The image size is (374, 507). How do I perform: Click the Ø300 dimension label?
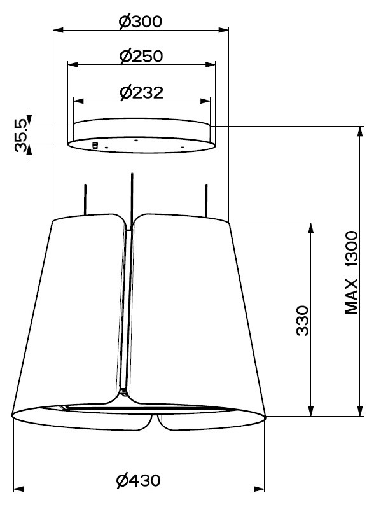(140, 22)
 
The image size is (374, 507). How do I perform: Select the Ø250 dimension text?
(141, 56)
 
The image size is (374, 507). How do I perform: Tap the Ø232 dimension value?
(141, 92)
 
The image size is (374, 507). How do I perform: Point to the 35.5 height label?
(20, 135)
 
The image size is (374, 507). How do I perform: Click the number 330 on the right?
(303, 321)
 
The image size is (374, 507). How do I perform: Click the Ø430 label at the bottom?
(138, 481)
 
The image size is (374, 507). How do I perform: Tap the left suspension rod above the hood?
(85, 200)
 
